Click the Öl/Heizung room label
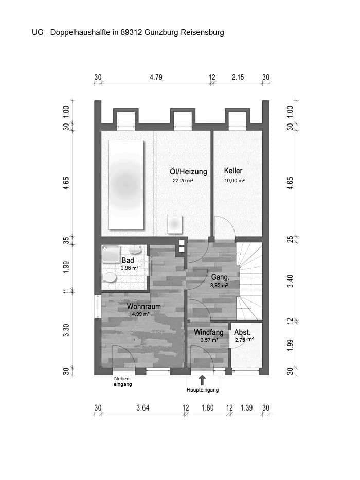tap(188, 171)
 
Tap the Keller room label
tap(233, 171)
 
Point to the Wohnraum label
tap(144, 306)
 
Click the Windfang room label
tap(208, 332)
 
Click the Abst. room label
tap(242, 332)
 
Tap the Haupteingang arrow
tap(202, 380)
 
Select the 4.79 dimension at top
tap(156, 78)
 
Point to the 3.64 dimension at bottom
tap(142, 408)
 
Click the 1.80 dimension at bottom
tap(207, 408)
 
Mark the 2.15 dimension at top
tap(238, 78)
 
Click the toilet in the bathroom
tap(109, 277)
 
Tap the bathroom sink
tap(135, 250)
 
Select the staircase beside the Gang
tap(251, 280)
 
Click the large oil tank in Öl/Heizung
tap(125, 184)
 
